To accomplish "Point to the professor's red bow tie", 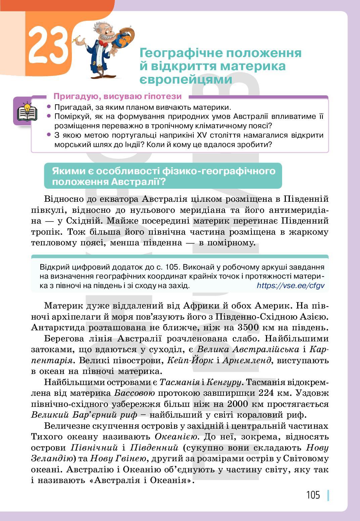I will tap(103, 44).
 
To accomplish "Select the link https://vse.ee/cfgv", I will tap(290, 286).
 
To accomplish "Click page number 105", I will tap(313, 495).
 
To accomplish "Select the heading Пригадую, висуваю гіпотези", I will tap(118, 96).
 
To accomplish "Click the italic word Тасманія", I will tap(179, 382).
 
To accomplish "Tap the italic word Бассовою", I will tap(134, 393).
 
